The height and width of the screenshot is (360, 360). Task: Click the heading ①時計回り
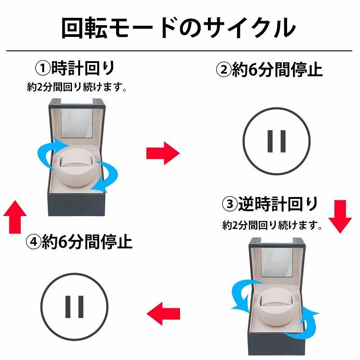pos(75,68)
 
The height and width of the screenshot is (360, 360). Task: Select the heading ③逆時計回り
pos(270,204)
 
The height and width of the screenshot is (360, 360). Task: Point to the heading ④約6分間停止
pos(79,243)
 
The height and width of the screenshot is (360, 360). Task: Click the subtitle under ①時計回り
pos(76,87)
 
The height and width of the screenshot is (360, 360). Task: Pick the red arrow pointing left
pos(163,311)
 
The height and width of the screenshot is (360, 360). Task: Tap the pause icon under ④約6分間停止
pos(75,306)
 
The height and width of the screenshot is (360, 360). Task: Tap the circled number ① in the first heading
pos(43,69)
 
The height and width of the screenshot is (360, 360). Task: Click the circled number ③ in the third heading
pos(230,205)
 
